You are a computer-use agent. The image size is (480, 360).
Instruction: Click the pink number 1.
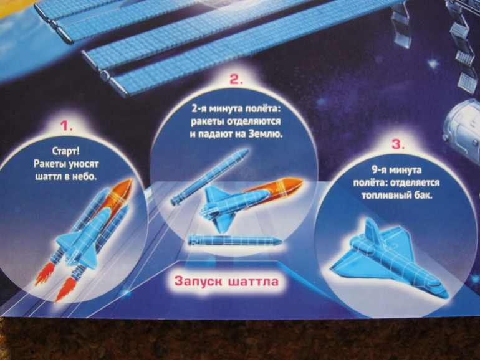66,126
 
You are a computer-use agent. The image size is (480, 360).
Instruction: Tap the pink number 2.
236,80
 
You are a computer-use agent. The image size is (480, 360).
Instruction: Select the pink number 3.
398,144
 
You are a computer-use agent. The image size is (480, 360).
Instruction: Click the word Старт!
66,151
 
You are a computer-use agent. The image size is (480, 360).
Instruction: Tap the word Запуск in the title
198,281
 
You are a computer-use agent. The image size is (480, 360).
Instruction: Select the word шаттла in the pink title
254,282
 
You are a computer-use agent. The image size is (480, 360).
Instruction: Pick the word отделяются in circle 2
253,121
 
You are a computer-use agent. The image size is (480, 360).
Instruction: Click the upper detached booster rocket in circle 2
210,178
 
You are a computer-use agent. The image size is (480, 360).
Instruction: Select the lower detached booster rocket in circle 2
234,240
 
